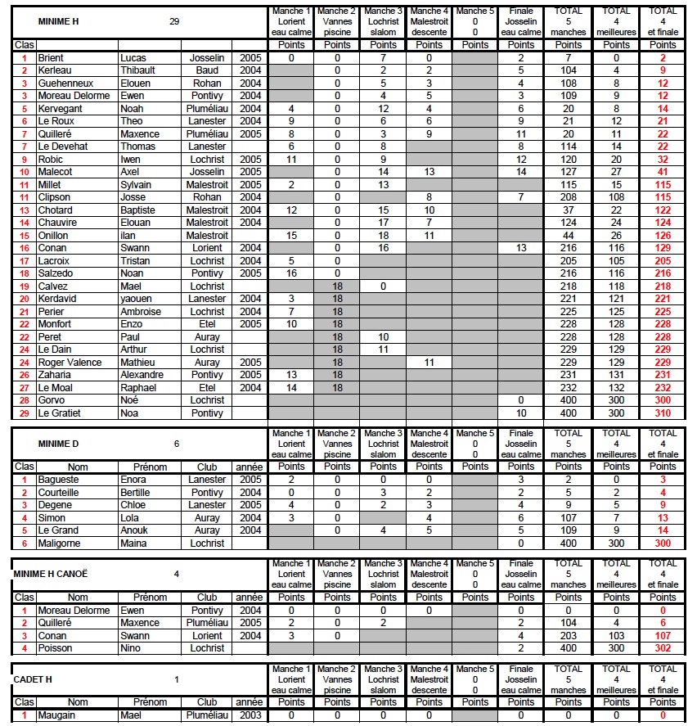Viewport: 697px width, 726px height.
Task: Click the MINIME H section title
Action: [56, 21]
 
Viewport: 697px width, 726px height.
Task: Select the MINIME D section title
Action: [56, 444]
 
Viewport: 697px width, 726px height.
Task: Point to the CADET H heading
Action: [34, 679]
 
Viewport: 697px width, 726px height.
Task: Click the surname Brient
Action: [51, 58]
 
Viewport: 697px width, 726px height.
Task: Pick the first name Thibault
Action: [143, 71]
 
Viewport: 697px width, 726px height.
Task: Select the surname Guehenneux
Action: [65, 83]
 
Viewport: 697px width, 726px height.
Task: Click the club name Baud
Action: [207, 71]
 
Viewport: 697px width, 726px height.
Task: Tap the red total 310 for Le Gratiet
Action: [663, 413]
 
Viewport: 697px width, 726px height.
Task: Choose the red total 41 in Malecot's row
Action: [663, 172]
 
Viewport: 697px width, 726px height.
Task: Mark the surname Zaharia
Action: [56, 375]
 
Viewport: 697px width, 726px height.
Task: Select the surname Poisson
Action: [56, 648]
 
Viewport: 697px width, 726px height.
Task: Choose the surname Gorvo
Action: [52, 400]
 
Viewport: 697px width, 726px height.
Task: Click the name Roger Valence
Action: [70, 363]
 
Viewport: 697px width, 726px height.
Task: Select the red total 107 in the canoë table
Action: [663, 636]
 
